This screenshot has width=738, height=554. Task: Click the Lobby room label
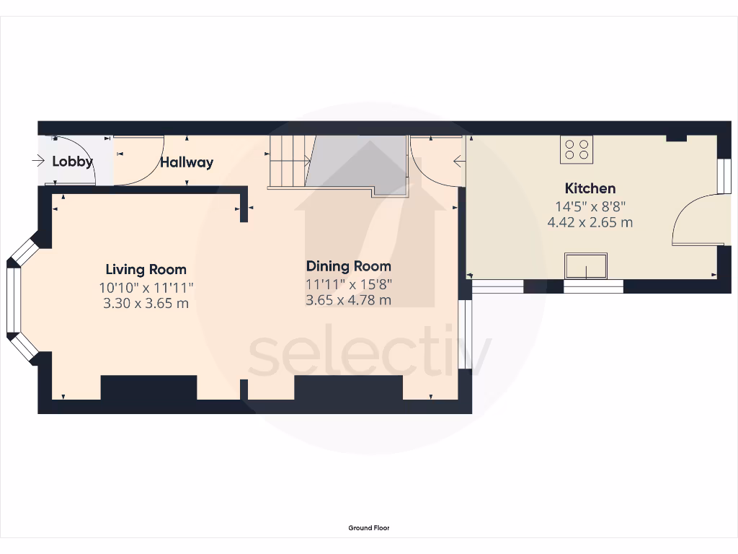coord(72,162)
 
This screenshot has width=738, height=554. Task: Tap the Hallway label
coord(187,162)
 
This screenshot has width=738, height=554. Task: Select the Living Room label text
coord(146,270)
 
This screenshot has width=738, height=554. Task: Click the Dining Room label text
coord(349,266)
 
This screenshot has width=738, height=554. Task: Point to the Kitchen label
coord(590,188)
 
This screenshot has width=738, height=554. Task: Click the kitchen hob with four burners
coord(576,149)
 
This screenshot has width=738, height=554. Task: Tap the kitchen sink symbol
coord(586,266)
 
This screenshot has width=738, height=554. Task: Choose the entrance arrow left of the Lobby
coord(39,162)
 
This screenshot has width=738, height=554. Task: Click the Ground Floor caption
coord(369,528)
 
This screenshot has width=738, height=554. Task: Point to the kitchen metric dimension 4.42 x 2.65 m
coord(590,222)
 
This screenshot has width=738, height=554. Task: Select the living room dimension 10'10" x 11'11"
coord(146,287)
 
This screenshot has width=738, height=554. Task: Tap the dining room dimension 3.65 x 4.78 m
coord(349,300)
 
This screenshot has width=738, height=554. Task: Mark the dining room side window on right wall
coord(465,335)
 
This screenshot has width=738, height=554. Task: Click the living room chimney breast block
coord(148,387)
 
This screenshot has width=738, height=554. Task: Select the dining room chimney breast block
coord(348,387)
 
